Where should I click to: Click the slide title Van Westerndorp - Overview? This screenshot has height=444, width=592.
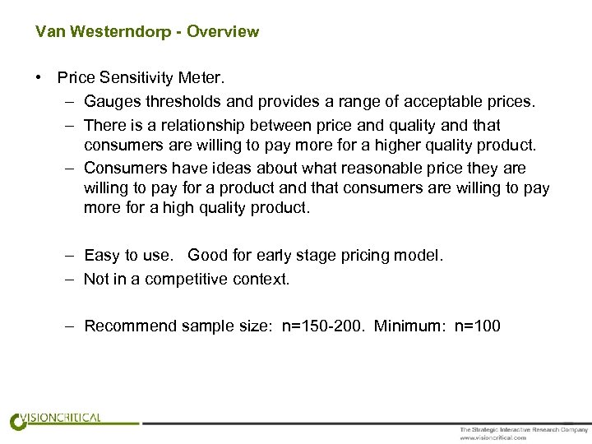[x=147, y=32]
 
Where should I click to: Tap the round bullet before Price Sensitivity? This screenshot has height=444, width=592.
[x=39, y=78]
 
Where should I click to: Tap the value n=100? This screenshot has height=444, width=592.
[x=477, y=326]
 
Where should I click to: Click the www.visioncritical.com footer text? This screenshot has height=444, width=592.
[x=493, y=438]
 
